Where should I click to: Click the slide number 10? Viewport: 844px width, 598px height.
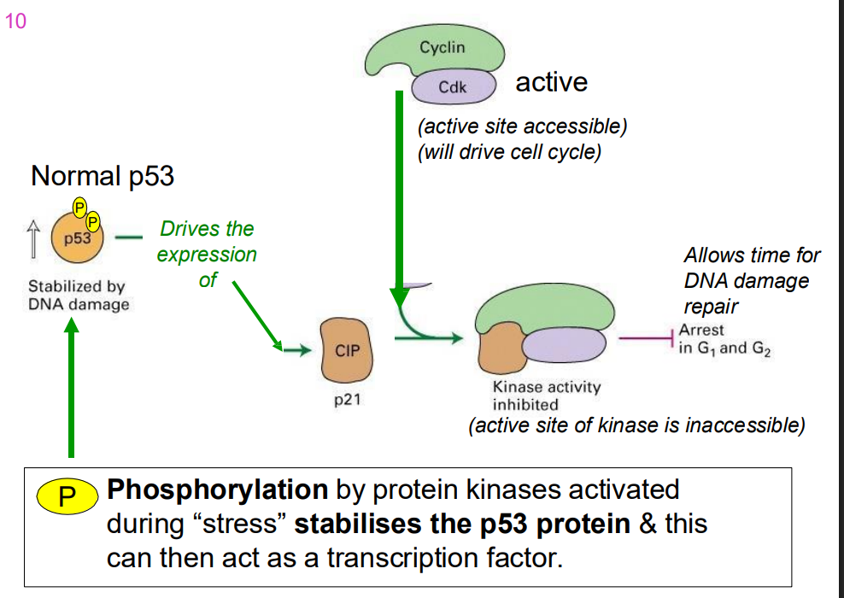click(x=15, y=22)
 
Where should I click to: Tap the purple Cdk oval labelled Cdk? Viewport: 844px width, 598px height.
click(x=453, y=87)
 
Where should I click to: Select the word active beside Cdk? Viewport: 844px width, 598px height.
click(x=551, y=83)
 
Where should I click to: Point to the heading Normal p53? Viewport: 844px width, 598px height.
click(x=103, y=176)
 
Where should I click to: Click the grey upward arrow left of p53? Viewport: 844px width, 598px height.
click(x=33, y=237)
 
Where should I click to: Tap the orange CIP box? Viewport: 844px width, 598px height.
click(x=346, y=350)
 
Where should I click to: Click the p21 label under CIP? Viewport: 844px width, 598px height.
click(x=346, y=399)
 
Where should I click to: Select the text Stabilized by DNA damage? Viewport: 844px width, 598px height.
click(x=79, y=296)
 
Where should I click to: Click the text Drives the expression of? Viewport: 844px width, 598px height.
click(x=207, y=254)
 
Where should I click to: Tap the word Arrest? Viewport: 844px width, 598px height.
click(x=700, y=330)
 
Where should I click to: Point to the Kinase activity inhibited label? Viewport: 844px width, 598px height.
click(x=547, y=396)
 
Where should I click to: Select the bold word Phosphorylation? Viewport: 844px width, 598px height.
click(x=218, y=490)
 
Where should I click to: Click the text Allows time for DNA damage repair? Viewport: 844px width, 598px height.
click(x=752, y=280)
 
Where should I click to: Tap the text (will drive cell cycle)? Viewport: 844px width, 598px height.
click(x=509, y=153)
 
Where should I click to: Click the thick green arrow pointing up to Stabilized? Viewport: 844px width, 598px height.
click(x=72, y=384)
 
